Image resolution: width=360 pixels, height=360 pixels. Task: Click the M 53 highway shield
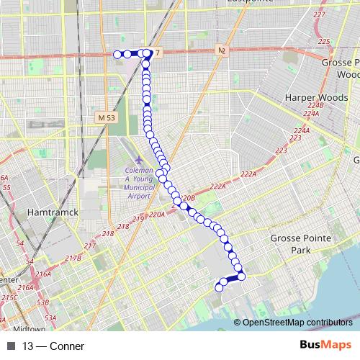tap(106, 117)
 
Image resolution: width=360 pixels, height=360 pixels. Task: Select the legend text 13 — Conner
tap(53, 346)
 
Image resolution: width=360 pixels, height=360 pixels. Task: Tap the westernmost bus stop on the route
tap(117, 54)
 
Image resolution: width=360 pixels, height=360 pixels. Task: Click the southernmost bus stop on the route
tap(219, 288)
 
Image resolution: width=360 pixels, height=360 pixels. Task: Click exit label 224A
tap(311, 114)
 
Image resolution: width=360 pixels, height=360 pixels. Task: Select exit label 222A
tap(248, 174)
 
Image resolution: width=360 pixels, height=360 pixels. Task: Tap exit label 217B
tap(73, 258)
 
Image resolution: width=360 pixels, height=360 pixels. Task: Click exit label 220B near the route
tap(189, 197)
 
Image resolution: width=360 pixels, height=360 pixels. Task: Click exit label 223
tap(280, 150)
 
